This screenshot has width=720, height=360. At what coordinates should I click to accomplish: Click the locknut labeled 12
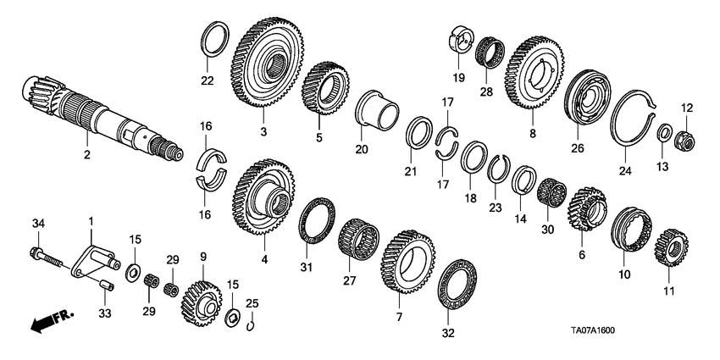coord(685,136)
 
